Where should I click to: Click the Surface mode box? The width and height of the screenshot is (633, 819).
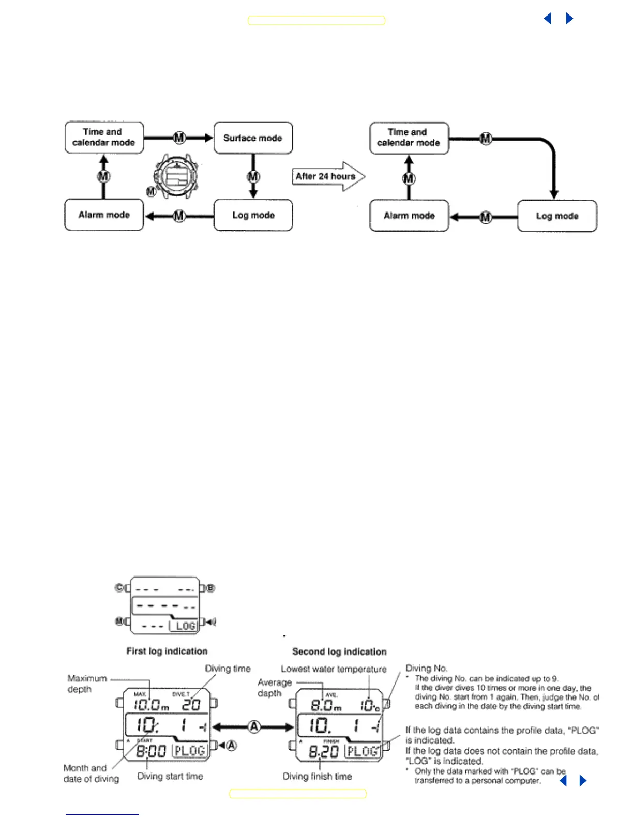[253, 138]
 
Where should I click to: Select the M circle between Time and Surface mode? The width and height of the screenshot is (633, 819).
[179, 138]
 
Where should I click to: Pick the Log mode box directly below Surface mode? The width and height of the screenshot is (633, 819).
[253, 215]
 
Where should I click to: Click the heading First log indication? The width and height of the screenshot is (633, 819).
[167, 651]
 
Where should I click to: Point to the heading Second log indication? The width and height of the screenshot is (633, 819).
[339, 651]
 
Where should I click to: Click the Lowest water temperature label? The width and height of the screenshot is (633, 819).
[334, 669]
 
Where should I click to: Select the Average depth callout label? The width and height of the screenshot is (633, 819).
[274, 688]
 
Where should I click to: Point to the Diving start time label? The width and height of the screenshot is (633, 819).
[170, 776]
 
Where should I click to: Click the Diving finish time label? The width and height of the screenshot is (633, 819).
[317, 776]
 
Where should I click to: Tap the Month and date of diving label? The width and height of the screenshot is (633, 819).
[91, 774]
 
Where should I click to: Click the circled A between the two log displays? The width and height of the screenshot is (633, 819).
[254, 727]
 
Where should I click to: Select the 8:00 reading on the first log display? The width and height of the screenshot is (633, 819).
[150, 751]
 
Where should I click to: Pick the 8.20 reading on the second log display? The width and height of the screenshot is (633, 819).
[324, 751]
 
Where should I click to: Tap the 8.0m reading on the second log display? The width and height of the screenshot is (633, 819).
[325, 705]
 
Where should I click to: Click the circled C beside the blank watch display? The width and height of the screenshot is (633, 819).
[119, 588]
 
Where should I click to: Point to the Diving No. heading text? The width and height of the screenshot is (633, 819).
[426, 668]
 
